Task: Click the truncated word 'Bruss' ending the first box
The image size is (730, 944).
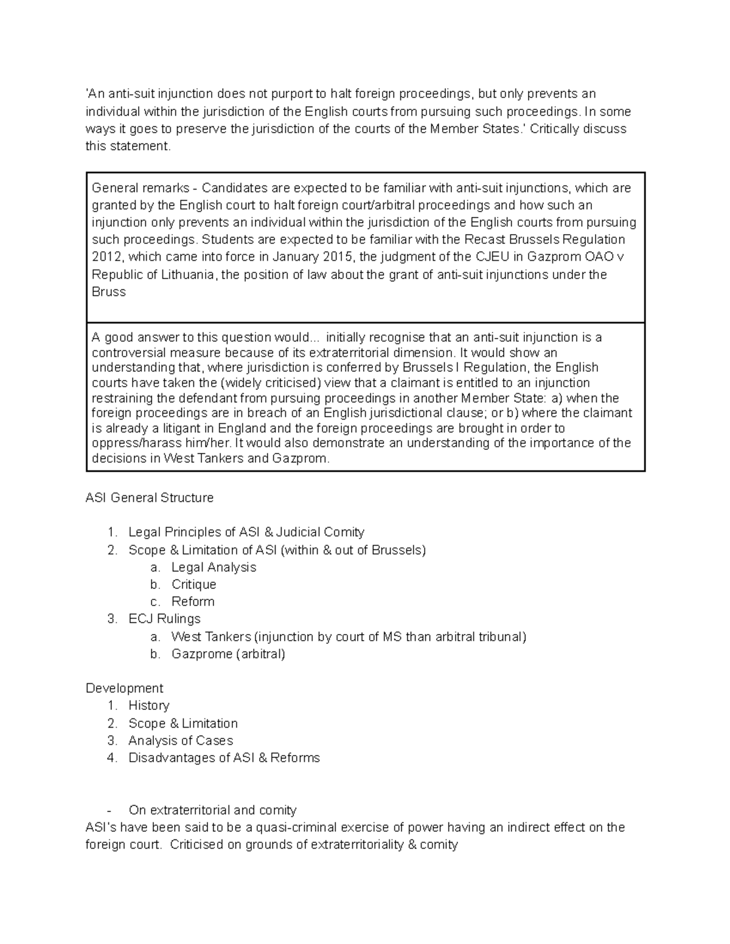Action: pos(108,292)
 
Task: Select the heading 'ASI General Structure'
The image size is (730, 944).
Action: pos(150,498)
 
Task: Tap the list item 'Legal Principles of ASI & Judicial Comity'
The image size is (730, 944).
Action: pos(246,532)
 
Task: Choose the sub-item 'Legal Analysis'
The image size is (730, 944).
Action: pos(214,567)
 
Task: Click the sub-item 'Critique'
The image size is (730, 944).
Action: pos(193,584)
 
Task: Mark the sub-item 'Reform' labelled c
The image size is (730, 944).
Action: pos(193,601)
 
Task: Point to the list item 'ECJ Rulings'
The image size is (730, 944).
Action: pos(164,619)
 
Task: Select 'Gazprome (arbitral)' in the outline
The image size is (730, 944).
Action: pos(228,654)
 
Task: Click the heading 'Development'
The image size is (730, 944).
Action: pos(124,688)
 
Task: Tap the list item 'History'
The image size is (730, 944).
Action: pos(148,706)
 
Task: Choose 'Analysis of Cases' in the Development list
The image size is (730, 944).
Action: pos(181,740)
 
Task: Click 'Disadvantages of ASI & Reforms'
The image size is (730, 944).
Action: pos(224,758)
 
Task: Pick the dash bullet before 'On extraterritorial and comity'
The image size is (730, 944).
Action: pos(109,810)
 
